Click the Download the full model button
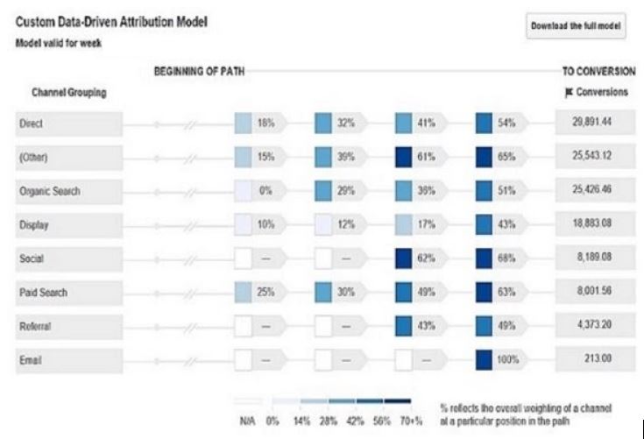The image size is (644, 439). coord(576,26)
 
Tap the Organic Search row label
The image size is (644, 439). coord(49,191)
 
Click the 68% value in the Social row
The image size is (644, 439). coord(506,258)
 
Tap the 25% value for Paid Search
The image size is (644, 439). coord(265,292)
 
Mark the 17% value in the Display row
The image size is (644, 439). coord(427,225)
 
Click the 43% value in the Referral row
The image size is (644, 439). coord(427,326)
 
